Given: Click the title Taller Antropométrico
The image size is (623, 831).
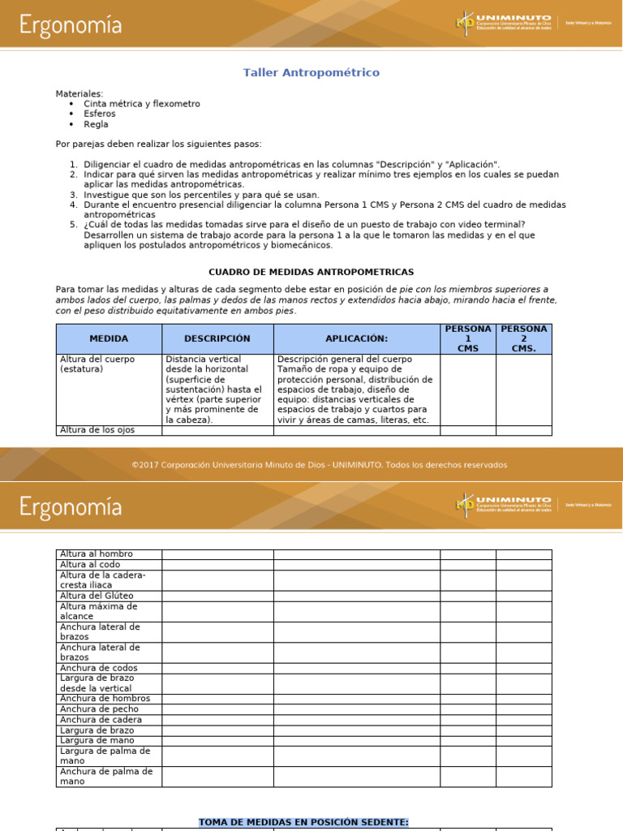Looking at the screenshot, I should point(311,73).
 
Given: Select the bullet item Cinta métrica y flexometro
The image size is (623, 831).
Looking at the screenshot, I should point(141,104).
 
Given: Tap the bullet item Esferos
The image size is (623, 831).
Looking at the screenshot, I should point(100,114).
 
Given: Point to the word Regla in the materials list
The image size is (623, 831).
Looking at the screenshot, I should point(96,125).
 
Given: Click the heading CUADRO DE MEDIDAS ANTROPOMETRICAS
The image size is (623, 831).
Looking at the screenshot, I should point(311,272).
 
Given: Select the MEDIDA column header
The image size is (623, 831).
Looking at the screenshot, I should point(109,338).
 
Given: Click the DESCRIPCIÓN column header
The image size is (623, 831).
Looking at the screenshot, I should point(217,338).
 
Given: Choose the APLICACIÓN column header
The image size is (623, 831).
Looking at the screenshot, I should point(357,338).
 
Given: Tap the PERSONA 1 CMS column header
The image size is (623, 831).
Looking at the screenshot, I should point(468,338).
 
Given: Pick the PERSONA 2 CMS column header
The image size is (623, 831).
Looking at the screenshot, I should point(524,338).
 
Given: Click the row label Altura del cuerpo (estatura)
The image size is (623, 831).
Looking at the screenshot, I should point(97,364).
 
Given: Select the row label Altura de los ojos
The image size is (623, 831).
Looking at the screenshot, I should point(97,430).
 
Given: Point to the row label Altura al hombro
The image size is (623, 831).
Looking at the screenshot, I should point(97,554).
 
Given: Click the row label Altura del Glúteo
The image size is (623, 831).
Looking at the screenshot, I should point(97,596).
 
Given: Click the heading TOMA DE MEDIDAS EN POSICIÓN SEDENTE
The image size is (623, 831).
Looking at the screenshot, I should point(304,822).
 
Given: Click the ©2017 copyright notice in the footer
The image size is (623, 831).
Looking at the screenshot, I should point(320,465).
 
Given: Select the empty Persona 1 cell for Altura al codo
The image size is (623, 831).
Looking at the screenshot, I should point(468,565).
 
